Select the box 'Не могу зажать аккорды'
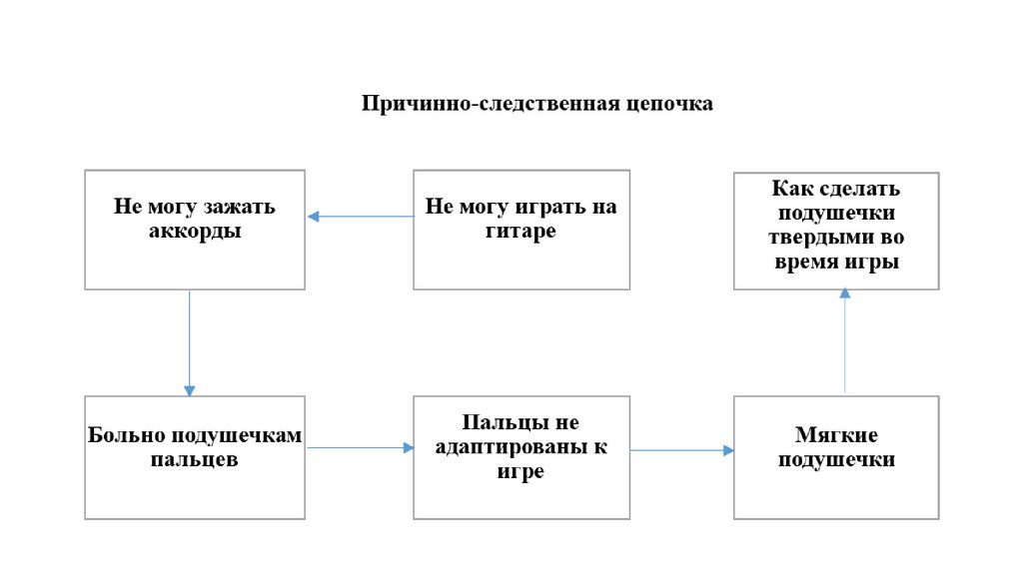(195, 230)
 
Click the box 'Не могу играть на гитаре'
(521, 230)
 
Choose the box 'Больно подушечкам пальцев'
(195, 457)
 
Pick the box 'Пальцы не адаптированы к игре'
(521, 457)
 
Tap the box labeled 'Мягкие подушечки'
(836, 457)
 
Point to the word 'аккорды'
(195, 232)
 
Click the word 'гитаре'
(521, 232)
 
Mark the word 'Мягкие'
(836, 436)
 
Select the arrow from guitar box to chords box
(360, 216)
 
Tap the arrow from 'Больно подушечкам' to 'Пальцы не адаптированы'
(360, 448)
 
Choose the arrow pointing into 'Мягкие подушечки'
(682, 450)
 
